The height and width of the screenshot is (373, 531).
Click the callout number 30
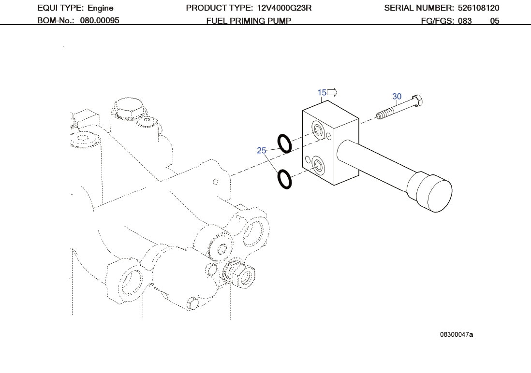pos(397,97)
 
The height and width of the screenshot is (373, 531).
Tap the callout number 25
pos(262,151)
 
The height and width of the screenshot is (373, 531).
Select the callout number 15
pos(322,92)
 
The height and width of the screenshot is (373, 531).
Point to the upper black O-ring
pos(284,143)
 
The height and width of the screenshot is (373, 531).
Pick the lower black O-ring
pos(284,180)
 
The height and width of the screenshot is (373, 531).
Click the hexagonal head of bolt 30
pos(418,101)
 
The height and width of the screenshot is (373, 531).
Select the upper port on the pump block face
pos(319,129)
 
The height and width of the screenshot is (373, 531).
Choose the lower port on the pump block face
pos(318,165)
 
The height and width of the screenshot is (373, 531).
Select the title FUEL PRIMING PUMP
pos(249,21)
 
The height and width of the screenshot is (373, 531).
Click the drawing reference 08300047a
pos(456,334)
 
